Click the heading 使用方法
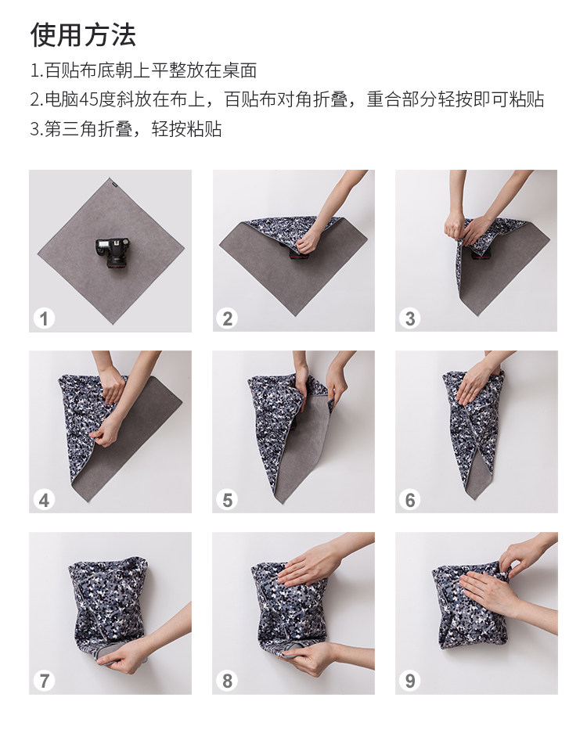[x=83, y=34]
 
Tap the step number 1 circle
[x=44, y=318]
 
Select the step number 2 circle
[x=227, y=318]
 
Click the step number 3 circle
[x=409, y=318]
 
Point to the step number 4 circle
[x=44, y=500]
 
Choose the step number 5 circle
[x=227, y=500]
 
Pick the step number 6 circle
[x=409, y=500]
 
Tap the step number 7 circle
[x=44, y=681]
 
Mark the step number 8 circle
[x=227, y=681]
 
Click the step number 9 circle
[x=409, y=681]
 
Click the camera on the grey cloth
[x=113, y=252]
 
